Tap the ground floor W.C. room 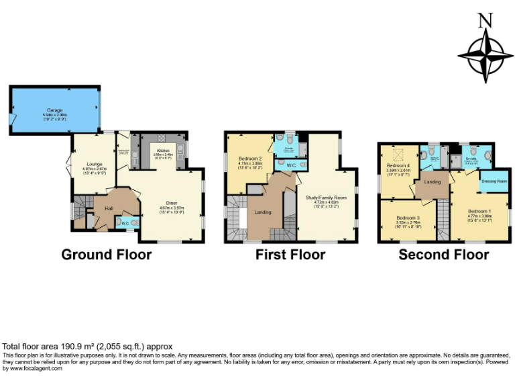pyautogui.click(x=126, y=222)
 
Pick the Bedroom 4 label pyautogui.click(x=398, y=167)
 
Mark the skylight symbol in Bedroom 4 pyautogui.click(x=397, y=153)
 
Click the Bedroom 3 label pyautogui.click(x=408, y=218)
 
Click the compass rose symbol pyautogui.click(x=482, y=55)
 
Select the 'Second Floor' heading pyautogui.click(x=443, y=255)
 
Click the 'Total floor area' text pyautogui.click(x=87, y=347)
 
